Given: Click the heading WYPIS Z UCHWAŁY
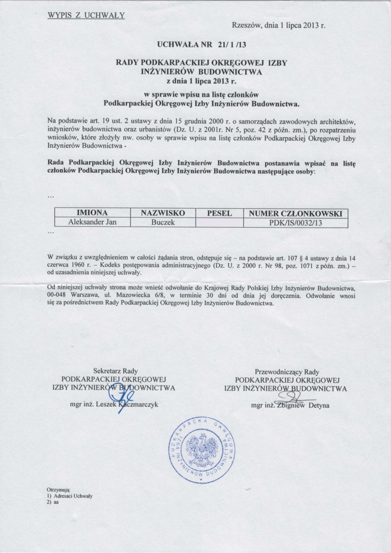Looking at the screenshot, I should [x=87, y=15].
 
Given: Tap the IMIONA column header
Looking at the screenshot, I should [x=92, y=213].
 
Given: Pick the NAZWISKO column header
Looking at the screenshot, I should [x=163, y=213].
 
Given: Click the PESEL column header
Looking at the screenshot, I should [x=219, y=213].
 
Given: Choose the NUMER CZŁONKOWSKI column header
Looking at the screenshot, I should [x=295, y=213].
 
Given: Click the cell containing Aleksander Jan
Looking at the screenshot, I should [x=92, y=222].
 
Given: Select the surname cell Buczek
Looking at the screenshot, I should [x=163, y=222].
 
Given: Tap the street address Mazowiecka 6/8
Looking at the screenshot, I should [x=148, y=295].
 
